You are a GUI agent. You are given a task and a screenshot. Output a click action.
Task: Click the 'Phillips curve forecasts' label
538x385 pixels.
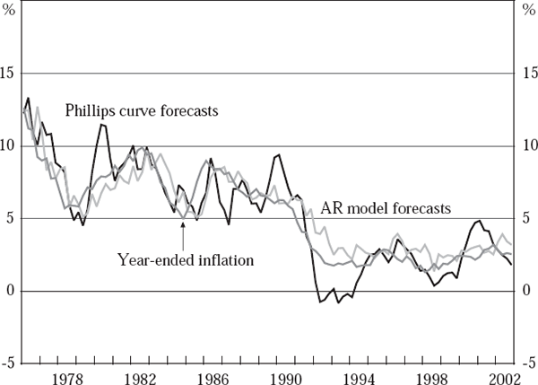pos(143,110)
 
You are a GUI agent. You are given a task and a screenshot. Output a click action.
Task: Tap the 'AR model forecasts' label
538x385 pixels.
pos(386,208)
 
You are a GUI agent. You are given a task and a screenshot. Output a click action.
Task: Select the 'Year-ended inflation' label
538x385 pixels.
pos(187,260)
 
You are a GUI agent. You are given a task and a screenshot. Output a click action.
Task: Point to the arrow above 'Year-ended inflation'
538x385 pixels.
pos(183,235)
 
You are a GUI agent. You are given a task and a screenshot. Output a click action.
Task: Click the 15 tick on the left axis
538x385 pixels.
pos(10,73)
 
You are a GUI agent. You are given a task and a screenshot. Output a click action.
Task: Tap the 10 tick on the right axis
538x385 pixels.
pos(529,145)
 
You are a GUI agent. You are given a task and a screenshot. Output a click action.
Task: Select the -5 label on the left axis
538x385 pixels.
pos(10,363)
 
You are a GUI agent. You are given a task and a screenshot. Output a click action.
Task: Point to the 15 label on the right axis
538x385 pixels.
pos(529,73)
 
